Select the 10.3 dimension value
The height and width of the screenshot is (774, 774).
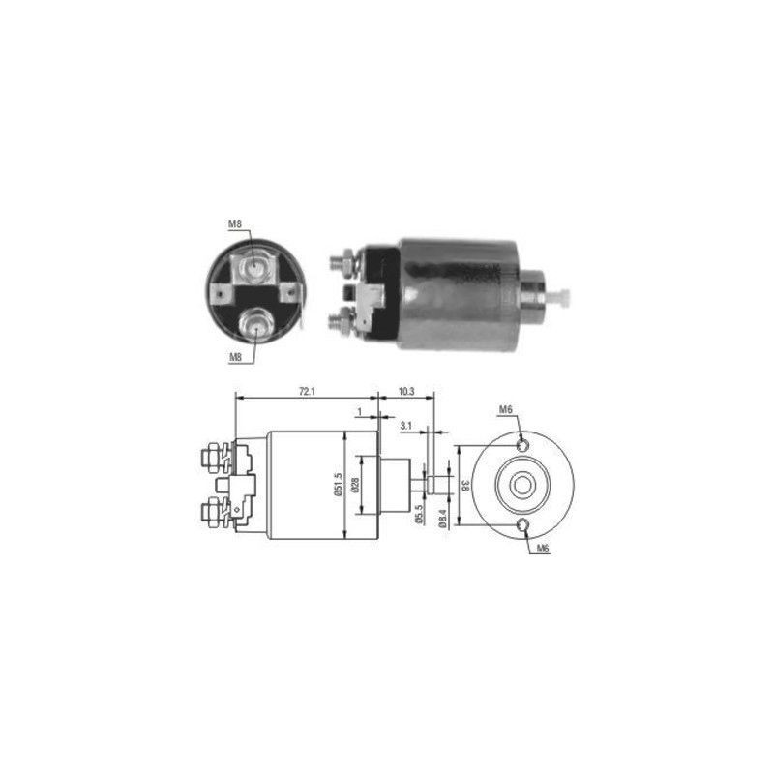click(405, 392)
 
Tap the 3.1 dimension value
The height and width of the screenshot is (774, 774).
click(405, 425)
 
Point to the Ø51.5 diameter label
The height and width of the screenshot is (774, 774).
click(338, 485)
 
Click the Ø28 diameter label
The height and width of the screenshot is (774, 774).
click(354, 486)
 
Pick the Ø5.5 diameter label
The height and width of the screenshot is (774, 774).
click(420, 514)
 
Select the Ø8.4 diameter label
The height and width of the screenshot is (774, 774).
click(443, 520)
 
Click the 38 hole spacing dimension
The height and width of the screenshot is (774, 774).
click(465, 486)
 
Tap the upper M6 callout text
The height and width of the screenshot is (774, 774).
click(505, 409)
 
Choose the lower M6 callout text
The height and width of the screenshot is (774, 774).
click(543, 548)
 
